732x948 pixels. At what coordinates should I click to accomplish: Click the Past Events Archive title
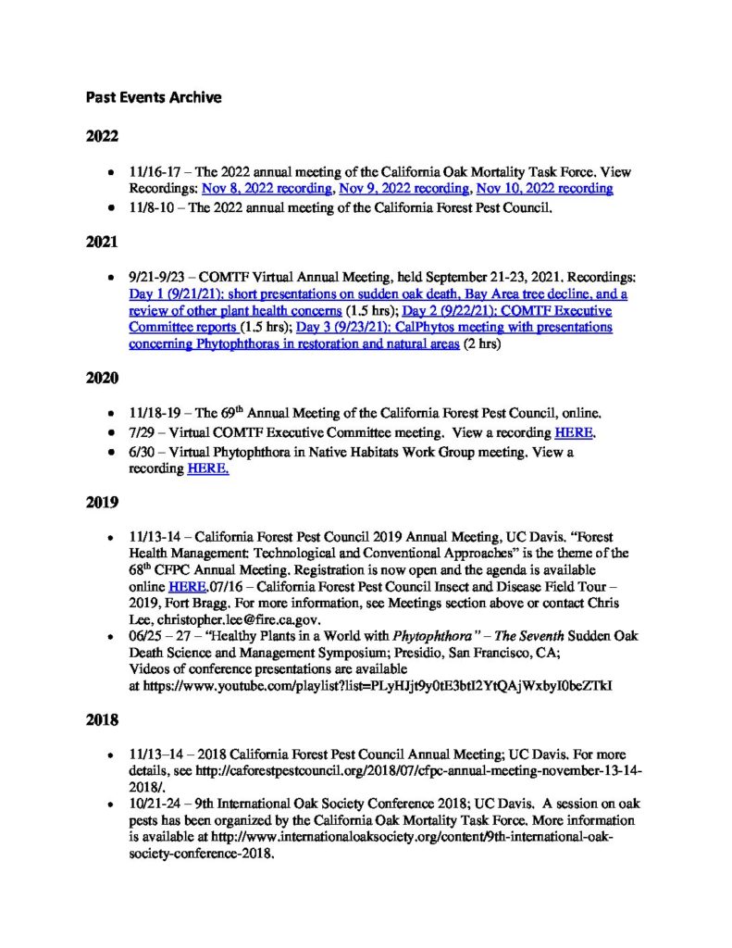(154, 96)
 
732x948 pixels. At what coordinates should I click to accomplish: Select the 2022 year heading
(102, 138)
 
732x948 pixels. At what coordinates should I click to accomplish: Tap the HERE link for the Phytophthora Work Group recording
(208, 468)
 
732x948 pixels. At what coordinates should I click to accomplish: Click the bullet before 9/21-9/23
(110, 278)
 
